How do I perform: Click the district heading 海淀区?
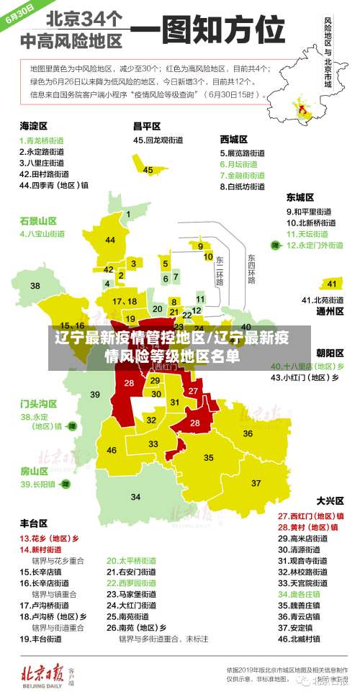(33, 125)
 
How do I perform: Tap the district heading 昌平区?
(146, 125)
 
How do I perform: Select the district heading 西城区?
(234, 138)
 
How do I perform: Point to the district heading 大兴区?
(330, 500)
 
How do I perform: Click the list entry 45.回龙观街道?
(159, 140)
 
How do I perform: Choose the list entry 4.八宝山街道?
(42, 233)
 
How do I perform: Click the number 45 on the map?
(148, 170)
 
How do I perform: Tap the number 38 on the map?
(35, 286)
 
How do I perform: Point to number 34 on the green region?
(135, 497)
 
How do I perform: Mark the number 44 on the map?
(110, 240)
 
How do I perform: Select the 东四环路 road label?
(251, 268)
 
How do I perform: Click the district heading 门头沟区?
(38, 403)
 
